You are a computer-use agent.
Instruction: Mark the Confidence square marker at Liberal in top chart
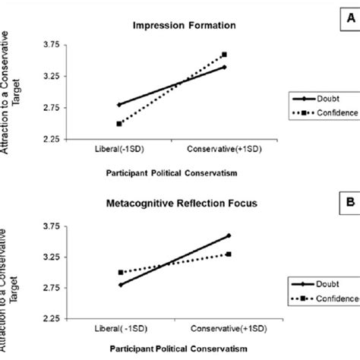coord(119,124)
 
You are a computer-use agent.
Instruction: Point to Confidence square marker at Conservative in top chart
coord(224,55)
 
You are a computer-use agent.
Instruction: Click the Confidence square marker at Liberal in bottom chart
coord(119,272)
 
